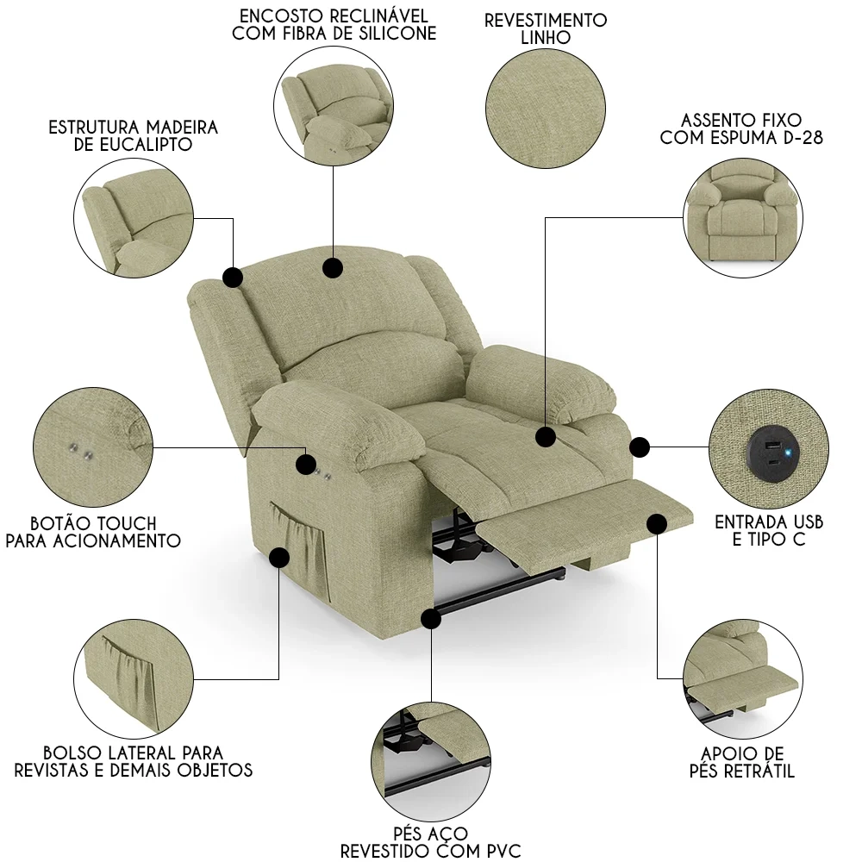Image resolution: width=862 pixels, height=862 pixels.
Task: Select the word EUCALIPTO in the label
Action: tap(147, 145)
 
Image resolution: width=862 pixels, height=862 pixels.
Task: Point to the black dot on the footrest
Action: tap(657, 524)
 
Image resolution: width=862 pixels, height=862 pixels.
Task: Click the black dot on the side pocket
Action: tap(279, 558)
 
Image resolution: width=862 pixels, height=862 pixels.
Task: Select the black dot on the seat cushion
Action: tap(546, 438)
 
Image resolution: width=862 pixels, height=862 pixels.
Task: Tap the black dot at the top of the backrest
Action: tap(333, 268)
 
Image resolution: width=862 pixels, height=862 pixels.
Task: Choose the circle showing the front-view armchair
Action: tap(743, 218)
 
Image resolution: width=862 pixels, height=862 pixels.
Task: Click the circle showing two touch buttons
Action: tap(93, 447)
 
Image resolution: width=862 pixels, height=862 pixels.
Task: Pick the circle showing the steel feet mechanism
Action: tap(431, 762)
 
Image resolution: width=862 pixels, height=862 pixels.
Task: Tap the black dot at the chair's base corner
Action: tap(431, 619)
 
